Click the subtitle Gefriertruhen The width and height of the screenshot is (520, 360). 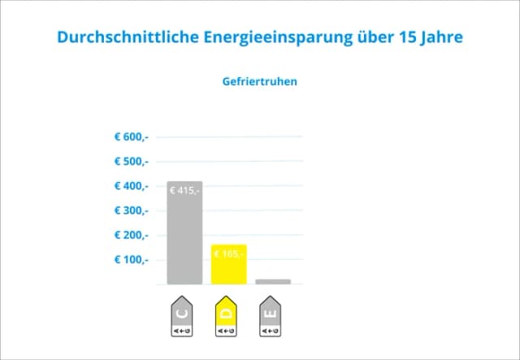coord(259,82)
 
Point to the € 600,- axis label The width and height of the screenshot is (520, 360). coord(131,137)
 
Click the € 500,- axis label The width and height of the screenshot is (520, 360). coord(131,161)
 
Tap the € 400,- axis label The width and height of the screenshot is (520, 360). coord(131,186)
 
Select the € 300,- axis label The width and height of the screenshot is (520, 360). coord(131,210)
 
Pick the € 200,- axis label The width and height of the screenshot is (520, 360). coord(131,235)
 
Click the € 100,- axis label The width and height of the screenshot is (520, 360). coord(131,260)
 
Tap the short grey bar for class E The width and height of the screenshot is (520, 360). coord(273,281)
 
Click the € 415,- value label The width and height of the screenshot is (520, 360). coord(184,190)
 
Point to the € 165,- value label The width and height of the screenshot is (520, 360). coord(228,254)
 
